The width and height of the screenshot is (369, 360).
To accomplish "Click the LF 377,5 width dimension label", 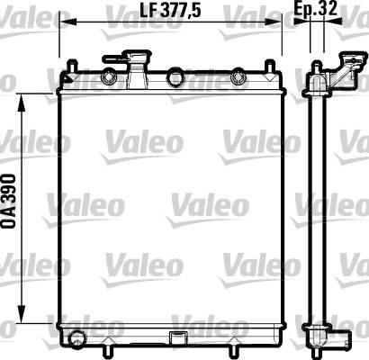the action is [170, 11].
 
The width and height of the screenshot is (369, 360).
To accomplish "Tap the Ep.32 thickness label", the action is [315, 8].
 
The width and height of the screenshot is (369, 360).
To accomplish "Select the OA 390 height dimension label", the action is [8, 201].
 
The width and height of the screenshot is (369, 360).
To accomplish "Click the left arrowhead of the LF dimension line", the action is [68, 22].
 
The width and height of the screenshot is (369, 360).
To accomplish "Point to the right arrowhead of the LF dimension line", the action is [273, 22].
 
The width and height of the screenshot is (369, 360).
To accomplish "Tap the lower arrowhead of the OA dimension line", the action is [22, 314].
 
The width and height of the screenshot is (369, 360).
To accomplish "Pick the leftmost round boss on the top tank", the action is [109, 78].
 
